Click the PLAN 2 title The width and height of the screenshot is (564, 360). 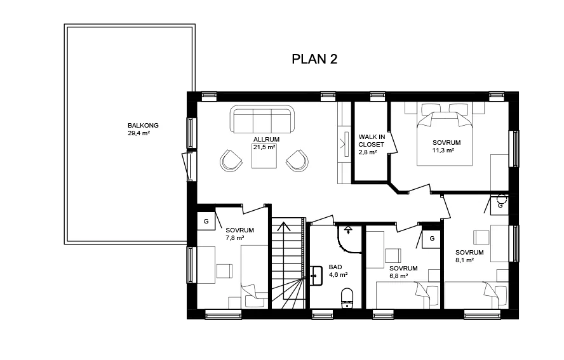pos(314,59)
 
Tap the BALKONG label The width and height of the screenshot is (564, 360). pos(143,126)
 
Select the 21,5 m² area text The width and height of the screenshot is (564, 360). pos(264,147)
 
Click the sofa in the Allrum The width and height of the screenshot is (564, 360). pos(262,119)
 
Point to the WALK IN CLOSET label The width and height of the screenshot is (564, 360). pos(372,140)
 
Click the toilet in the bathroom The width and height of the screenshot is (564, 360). pos(347,298)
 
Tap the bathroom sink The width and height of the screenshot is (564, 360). pos(316,276)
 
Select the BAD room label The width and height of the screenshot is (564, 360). pos(335,267)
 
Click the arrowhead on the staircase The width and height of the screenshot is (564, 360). pos(284,227)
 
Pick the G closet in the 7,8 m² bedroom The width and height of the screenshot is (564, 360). pos(206,221)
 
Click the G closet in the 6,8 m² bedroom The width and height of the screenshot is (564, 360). pos(432,239)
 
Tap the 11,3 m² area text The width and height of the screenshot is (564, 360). pos(443,150)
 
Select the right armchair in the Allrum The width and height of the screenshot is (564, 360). pos(297,161)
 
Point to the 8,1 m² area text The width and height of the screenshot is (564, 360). pos(464,260)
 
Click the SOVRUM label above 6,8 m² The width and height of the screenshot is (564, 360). pos(403,269)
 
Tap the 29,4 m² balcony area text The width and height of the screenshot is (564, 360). pos(139,133)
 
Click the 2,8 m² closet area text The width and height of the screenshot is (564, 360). pos(368,152)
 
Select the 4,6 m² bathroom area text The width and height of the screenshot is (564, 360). pos(338,275)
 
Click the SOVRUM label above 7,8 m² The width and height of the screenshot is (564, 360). pos(240,230)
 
